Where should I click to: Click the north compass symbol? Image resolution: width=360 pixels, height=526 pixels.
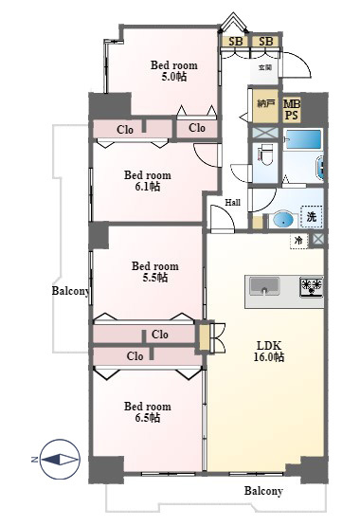(60, 459)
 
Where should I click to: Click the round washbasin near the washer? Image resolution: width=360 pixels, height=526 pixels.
(283, 220)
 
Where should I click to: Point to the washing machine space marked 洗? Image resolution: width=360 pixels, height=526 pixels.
(312, 217)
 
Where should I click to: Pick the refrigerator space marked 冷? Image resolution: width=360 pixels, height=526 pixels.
(298, 241)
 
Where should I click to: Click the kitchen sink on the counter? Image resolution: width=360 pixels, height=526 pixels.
(264, 286)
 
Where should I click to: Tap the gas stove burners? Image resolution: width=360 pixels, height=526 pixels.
(312, 287)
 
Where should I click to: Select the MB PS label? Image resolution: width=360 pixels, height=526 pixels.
(292, 109)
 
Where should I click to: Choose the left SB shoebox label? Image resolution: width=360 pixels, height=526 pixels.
(235, 42)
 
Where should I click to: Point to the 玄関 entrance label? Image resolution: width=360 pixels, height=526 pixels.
(265, 67)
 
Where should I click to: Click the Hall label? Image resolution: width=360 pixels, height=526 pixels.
(232, 203)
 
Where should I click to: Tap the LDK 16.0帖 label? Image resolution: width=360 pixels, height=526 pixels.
(269, 352)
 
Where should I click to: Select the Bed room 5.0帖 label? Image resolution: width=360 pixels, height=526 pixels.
(173, 70)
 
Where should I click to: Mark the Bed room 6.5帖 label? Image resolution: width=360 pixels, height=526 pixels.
(148, 412)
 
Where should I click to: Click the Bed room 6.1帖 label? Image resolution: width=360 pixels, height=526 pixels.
(148, 180)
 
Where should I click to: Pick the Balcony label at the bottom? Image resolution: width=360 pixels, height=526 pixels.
(263, 491)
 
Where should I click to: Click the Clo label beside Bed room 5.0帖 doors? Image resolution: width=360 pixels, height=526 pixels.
(197, 128)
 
